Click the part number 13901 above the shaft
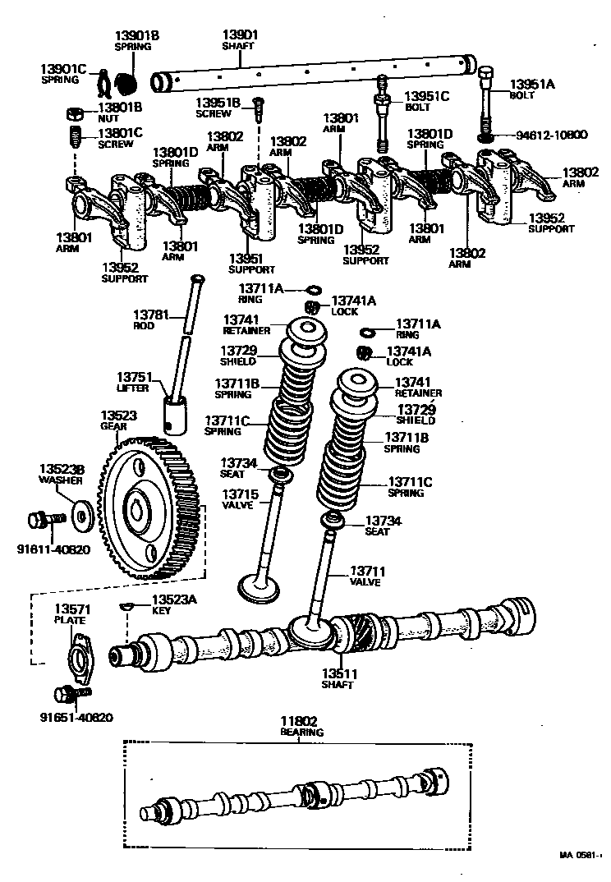[240, 34]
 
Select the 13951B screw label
[218, 108]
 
